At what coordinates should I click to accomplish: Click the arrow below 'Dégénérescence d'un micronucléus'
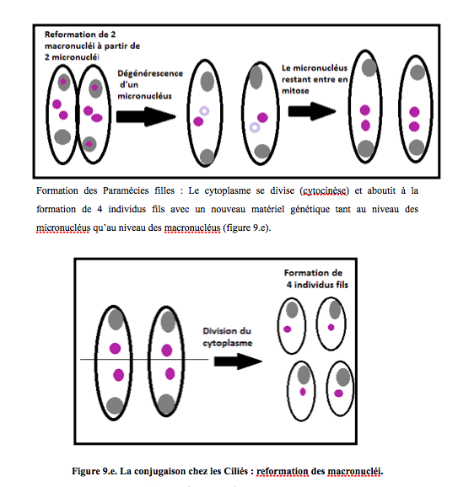click(x=146, y=117)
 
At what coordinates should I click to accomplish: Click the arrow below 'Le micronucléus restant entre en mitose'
click(x=312, y=111)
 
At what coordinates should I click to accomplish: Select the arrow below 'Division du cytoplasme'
click(x=238, y=361)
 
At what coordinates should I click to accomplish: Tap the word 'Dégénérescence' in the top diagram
click(x=150, y=73)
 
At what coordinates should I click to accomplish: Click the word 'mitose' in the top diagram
click(x=295, y=91)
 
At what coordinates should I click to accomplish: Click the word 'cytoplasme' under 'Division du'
click(x=227, y=343)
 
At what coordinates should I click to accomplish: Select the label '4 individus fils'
click(x=317, y=285)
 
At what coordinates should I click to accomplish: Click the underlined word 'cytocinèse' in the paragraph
click(x=324, y=190)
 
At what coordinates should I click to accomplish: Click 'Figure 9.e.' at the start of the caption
click(x=94, y=471)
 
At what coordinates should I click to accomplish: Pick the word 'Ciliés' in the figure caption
click(x=234, y=471)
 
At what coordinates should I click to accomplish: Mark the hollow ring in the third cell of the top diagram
click(x=204, y=111)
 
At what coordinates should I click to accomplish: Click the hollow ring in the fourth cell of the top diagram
click(x=255, y=127)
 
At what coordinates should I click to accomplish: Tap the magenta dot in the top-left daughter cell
click(x=288, y=329)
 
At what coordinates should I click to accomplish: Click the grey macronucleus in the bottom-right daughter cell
click(x=343, y=377)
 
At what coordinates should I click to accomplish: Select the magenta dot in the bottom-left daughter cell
click(x=303, y=392)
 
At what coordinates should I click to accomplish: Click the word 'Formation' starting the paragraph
click(x=57, y=190)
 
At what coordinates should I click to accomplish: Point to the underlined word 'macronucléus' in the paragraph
click(x=192, y=228)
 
